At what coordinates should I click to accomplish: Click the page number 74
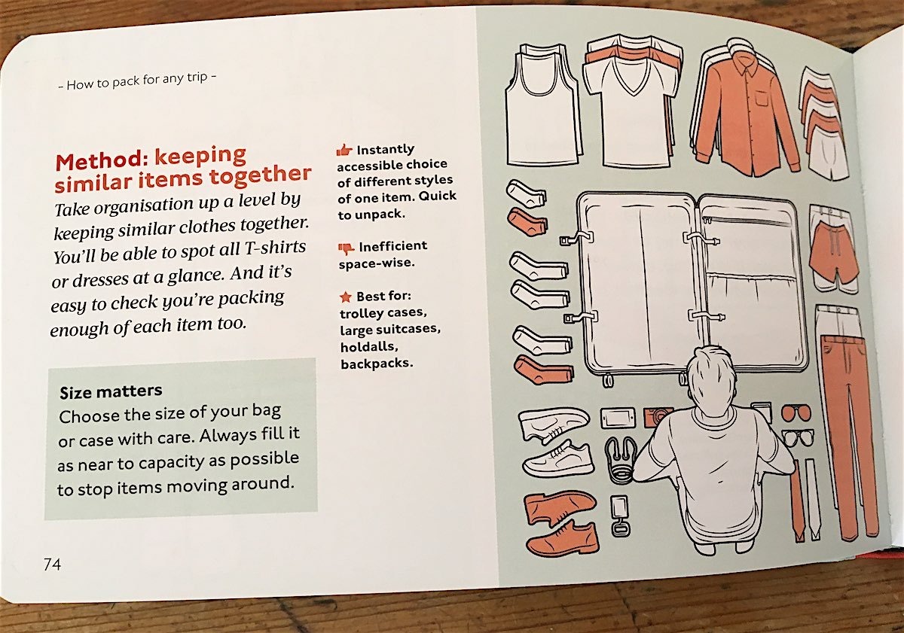[53, 564]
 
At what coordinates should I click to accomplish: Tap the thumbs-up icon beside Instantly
[344, 150]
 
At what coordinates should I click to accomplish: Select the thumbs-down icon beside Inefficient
[346, 248]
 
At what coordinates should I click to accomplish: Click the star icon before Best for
[346, 297]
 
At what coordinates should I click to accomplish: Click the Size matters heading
[111, 391]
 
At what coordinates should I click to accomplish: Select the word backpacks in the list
[377, 364]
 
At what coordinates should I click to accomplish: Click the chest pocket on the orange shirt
[762, 98]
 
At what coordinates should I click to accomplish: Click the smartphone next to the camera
[618, 418]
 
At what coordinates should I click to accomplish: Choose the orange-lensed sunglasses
[796, 413]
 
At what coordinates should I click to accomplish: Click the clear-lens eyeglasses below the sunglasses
[798, 437]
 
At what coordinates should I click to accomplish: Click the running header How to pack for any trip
[137, 81]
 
